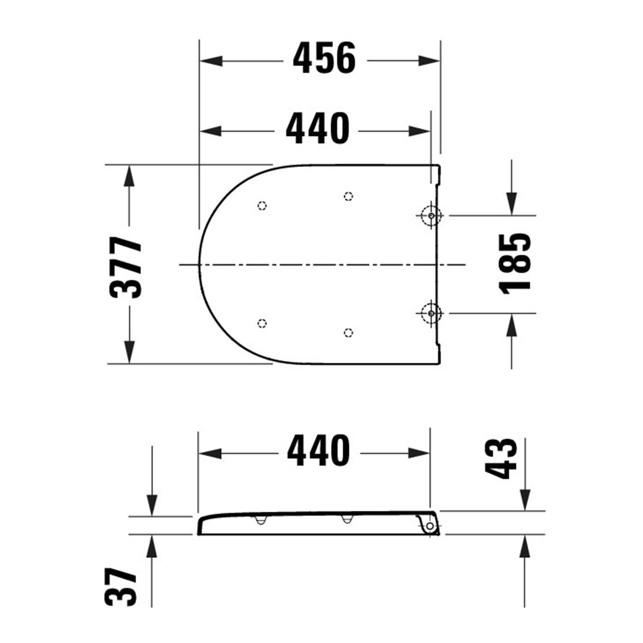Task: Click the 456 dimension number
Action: tap(324, 58)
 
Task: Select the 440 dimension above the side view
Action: tap(318, 452)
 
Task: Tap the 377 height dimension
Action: tap(126, 267)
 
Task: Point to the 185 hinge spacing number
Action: tap(515, 264)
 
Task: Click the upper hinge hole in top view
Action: tap(431, 216)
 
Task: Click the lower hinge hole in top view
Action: tap(431, 313)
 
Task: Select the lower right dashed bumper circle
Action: tap(348, 333)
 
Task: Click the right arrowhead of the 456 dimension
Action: tap(429, 61)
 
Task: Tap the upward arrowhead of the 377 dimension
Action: tap(129, 176)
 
